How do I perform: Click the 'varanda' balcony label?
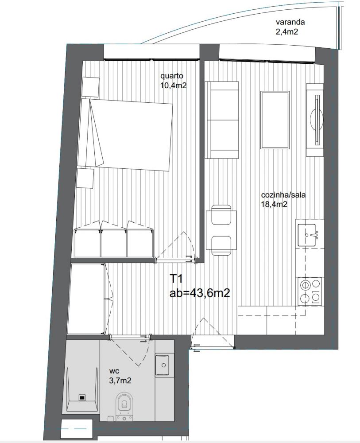click(x=290, y=22)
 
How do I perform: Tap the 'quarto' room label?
click(x=172, y=76)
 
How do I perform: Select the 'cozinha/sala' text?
click(x=283, y=195)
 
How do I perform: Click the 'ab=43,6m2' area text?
click(x=200, y=293)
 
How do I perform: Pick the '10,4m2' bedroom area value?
click(x=174, y=85)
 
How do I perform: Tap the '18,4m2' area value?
click(x=274, y=204)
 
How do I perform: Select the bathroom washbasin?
click(x=163, y=365)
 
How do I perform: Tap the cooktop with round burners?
click(x=310, y=291)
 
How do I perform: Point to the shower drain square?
click(x=82, y=397)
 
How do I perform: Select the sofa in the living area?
click(x=222, y=120)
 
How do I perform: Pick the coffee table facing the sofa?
click(x=275, y=120)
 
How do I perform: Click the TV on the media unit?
click(x=317, y=120)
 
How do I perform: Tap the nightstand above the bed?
click(x=91, y=86)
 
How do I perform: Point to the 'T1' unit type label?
click(x=177, y=279)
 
